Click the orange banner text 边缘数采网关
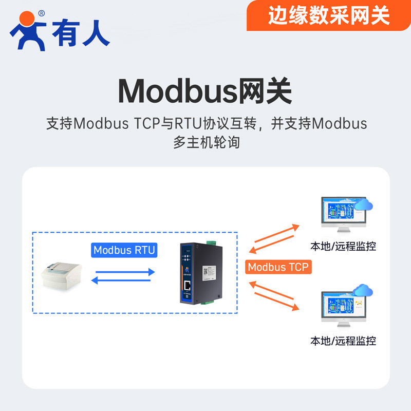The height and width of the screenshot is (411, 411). click(329, 15)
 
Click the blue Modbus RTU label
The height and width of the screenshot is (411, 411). click(124, 250)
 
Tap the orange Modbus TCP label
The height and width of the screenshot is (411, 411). click(278, 267)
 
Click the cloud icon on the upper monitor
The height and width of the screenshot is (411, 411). click(364, 204)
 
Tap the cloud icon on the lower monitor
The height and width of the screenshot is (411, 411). click(364, 291)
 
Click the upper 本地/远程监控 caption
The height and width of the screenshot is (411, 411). click(343, 247)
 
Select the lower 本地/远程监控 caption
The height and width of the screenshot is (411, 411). click(343, 341)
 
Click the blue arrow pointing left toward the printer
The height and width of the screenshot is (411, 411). click(122, 280)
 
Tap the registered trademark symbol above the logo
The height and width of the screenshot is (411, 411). click(41, 13)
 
